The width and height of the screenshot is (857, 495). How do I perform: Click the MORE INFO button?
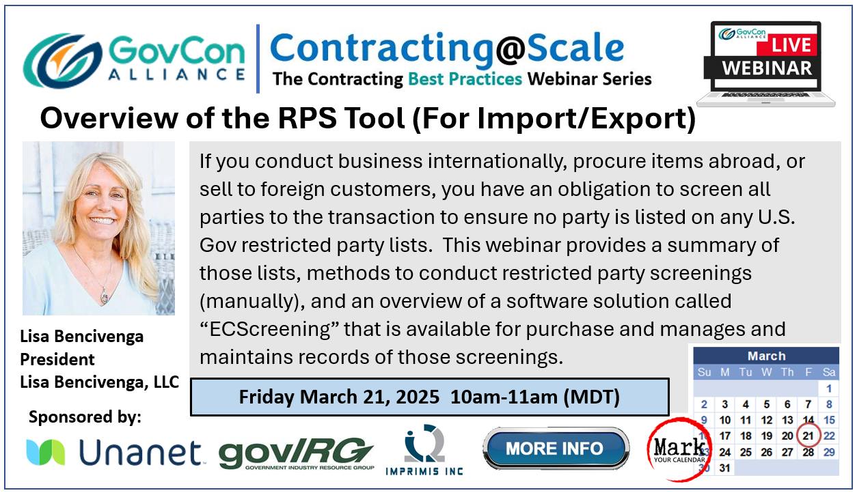pos(556,449)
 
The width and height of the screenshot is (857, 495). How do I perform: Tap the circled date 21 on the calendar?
pos(808,436)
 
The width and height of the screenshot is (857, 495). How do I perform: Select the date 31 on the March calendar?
pos(724,468)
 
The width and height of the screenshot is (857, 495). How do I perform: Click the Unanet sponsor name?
pos(140,453)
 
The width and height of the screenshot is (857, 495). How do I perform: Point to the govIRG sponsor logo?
pos(296,453)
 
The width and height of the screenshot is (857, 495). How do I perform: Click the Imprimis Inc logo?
pos(424,450)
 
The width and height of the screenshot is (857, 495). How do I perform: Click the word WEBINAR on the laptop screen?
pos(767,68)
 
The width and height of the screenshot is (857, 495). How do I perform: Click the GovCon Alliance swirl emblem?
pos(62,60)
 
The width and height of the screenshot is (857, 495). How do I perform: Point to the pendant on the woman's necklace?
pos(104,296)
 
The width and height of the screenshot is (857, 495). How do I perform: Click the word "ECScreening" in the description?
pos(270,329)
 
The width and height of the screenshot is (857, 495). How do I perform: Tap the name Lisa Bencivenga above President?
pos(81,337)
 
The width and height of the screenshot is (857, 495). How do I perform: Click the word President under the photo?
pos(57,359)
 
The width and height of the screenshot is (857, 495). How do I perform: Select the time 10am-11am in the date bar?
pos(504,397)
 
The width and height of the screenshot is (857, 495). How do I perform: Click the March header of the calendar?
pos(766,356)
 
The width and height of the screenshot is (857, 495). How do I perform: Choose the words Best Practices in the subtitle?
pos(465,79)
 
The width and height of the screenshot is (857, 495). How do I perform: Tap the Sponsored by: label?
pos(85,417)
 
